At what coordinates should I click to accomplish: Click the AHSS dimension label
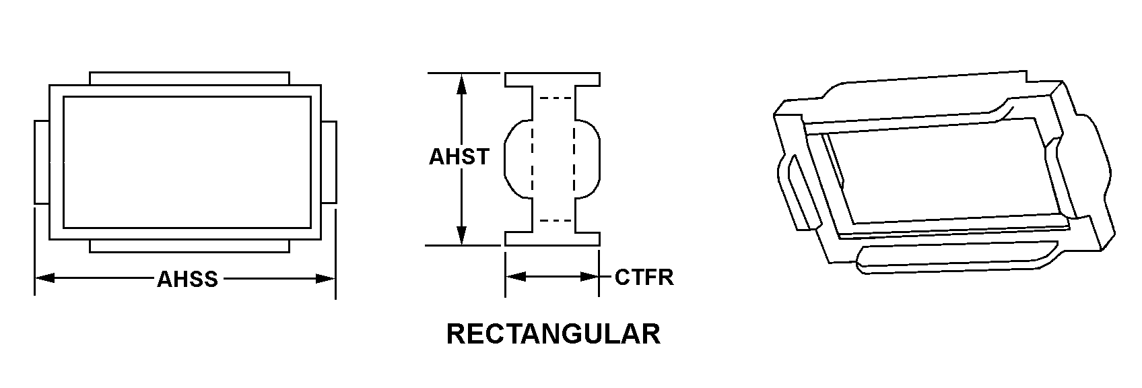click(x=187, y=279)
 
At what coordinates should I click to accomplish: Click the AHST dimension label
click(x=459, y=157)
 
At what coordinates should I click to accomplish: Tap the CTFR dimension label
click(x=644, y=277)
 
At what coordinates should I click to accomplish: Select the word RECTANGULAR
click(x=553, y=334)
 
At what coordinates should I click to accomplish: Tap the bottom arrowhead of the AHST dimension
click(x=461, y=235)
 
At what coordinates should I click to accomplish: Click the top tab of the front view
click(x=189, y=78)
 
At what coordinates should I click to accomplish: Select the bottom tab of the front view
click(x=189, y=247)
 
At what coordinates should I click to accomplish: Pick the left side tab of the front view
click(x=42, y=162)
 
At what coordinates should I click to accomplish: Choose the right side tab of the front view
click(x=329, y=162)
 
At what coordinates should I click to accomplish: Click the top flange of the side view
click(x=553, y=79)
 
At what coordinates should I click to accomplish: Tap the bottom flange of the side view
click(x=553, y=238)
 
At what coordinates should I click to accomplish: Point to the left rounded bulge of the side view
click(x=517, y=159)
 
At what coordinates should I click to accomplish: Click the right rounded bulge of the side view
click(x=587, y=159)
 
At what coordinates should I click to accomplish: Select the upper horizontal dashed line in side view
click(x=553, y=99)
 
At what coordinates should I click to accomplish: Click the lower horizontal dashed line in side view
click(x=553, y=220)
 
